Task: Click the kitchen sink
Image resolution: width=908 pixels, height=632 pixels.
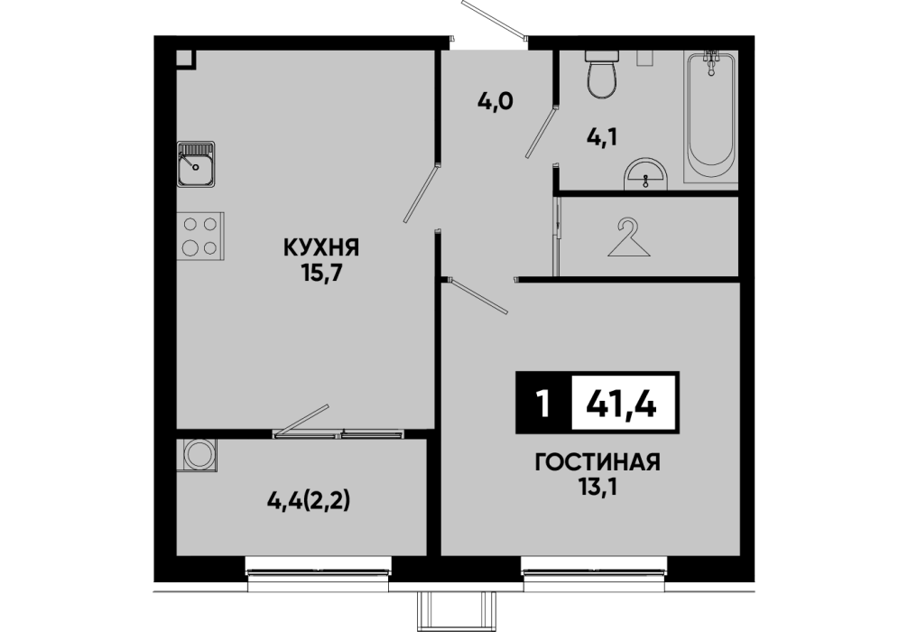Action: point(196,164)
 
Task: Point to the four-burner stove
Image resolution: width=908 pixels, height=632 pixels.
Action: point(200,236)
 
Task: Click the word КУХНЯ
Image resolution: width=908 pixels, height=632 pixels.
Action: point(321,248)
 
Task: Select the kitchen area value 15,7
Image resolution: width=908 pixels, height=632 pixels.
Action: point(321,274)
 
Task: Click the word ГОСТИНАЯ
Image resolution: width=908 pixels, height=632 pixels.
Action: point(598,463)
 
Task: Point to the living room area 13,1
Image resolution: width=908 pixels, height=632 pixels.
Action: point(598,488)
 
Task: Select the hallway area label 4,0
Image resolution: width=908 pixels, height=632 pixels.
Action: point(496,103)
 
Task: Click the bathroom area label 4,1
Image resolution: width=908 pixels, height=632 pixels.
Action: point(602,136)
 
